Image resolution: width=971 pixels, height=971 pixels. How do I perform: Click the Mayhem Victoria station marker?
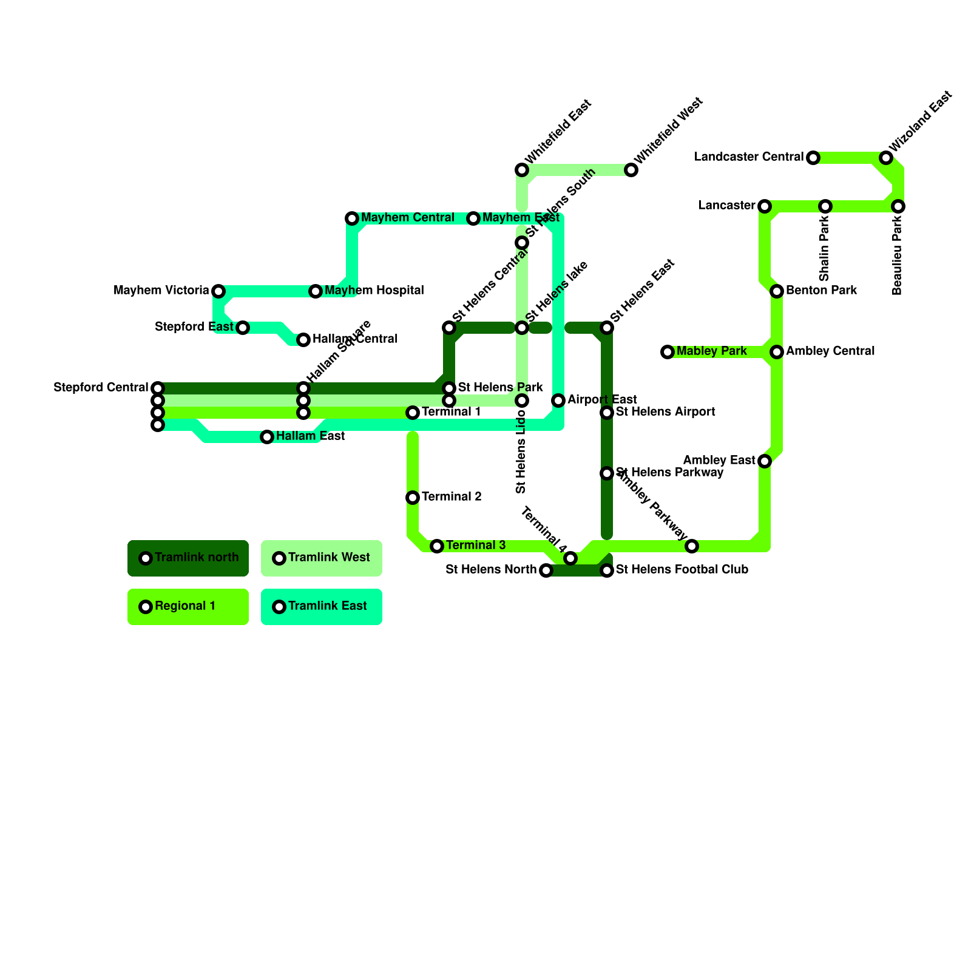click(218, 291)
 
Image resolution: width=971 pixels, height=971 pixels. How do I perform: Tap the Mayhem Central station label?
click(407, 218)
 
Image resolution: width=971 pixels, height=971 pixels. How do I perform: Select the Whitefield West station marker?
click(631, 170)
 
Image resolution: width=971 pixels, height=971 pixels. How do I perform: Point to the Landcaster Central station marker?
click(813, 158)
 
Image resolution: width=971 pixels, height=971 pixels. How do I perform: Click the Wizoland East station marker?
click(886, 158)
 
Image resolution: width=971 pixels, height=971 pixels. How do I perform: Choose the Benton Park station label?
click(821, 291)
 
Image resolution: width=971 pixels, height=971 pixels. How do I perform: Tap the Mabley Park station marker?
click(668, 352)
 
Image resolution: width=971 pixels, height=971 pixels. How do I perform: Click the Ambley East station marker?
click(765, 461)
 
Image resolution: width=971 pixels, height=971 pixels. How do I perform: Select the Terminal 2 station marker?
click(413, 498)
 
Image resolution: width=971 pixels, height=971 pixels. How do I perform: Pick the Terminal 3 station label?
click(476, 546)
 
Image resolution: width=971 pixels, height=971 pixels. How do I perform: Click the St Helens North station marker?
click(546, 570)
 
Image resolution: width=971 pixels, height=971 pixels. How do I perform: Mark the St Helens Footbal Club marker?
click(607, 570)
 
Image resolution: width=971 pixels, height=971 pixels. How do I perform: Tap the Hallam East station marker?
click(267, 437)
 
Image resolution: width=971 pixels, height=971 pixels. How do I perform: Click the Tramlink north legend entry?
click(188, 558)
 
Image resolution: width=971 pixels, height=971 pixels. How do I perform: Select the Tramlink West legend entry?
click(322, 558)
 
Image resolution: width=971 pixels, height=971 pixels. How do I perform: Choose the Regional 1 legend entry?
click(188, 606)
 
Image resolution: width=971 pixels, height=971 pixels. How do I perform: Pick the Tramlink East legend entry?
click(322, 606)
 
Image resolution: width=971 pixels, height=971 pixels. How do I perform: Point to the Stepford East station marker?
click(243, 328)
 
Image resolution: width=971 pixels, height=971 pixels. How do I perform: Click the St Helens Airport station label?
click(665, 412)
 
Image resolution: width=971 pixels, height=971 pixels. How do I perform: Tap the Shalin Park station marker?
click(825, 206)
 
